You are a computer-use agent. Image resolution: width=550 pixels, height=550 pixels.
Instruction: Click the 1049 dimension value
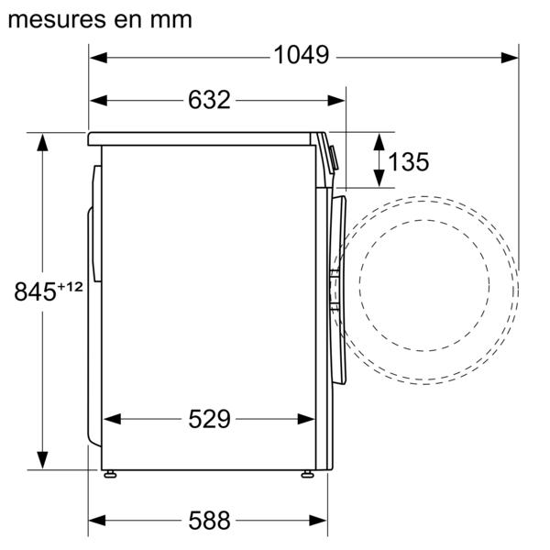click(x=301, y=56)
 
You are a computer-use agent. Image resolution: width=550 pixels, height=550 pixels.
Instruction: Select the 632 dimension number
click(x=209, y=100)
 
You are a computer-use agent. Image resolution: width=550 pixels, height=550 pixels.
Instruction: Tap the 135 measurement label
click(x=408, y=161)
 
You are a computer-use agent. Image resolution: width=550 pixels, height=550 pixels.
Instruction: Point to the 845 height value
click(x=35, y=293)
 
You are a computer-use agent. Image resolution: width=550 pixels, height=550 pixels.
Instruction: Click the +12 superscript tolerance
click(x=70, y=287)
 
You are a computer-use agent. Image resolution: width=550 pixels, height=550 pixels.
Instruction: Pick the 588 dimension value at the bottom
click(x=209, y=521)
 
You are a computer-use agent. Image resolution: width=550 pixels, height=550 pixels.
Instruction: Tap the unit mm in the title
click(x=171, y=18)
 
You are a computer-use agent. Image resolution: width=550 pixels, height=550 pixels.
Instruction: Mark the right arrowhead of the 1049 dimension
click(x=511, y=57)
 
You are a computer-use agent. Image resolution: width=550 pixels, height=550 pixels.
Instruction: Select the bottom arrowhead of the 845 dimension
click(x=42, y=460)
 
